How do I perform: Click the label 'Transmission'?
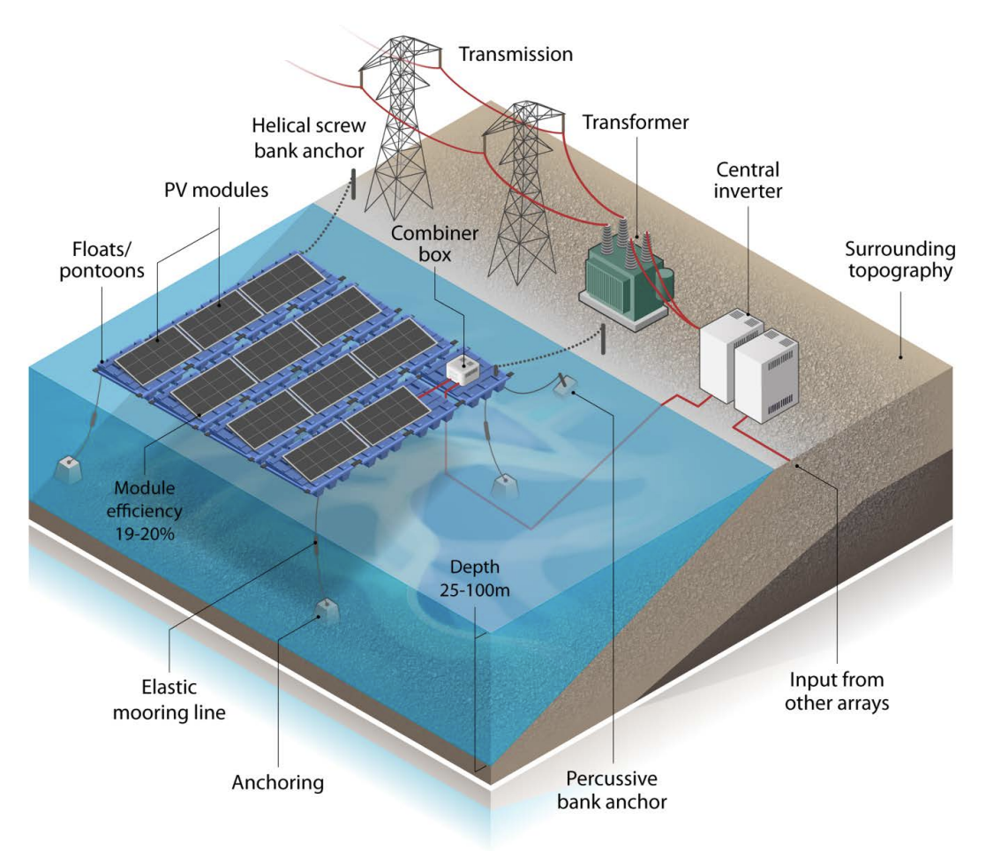coord(516,55)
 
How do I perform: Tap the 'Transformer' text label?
coord(635,123)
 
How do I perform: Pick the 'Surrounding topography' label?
coord(899,260)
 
